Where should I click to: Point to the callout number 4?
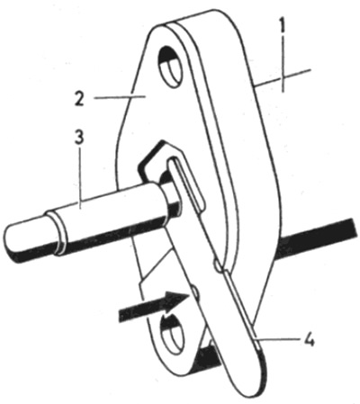point(309,341)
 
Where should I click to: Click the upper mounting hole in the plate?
point(171,67)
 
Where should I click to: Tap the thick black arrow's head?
point(176,301)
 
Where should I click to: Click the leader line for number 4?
point(276,339)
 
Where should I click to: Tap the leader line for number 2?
point(120,96)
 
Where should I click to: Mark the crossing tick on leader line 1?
point(283,78)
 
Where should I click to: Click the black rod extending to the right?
point(318,237)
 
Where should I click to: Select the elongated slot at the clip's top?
point(187,184)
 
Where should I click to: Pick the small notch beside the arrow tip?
point(194,292)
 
